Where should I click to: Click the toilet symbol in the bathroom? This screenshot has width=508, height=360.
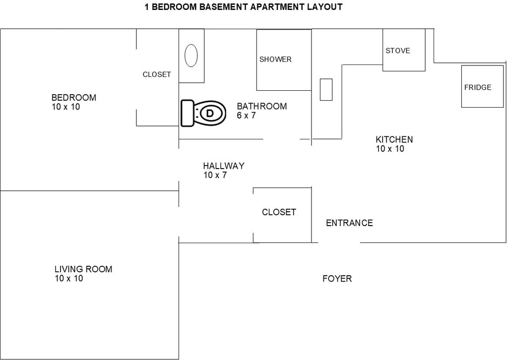203,113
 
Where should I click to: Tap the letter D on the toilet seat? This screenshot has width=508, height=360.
210,114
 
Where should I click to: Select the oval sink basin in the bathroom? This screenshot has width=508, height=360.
191,56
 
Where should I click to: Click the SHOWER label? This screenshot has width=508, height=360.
275,59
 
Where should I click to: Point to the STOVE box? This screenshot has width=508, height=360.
404,50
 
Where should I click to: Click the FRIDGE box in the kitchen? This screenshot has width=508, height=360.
482,86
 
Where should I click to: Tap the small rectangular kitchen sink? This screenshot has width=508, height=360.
326,90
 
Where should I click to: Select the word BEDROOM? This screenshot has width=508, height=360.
74,98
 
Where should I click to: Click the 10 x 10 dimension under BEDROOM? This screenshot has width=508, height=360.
66,107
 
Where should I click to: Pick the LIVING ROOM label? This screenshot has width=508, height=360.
83,269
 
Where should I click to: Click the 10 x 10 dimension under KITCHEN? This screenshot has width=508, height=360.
390,149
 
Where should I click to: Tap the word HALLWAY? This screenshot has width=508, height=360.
224,166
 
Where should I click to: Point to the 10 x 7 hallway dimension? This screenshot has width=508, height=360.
215,175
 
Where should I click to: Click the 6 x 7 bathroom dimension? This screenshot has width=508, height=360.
246,116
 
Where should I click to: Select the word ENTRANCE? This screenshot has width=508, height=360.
349,223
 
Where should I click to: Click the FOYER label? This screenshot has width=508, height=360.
337,278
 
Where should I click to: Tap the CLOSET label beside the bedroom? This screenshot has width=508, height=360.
157,74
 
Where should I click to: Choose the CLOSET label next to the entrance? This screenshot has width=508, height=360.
279,212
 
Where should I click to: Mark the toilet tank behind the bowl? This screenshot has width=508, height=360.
187,113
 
